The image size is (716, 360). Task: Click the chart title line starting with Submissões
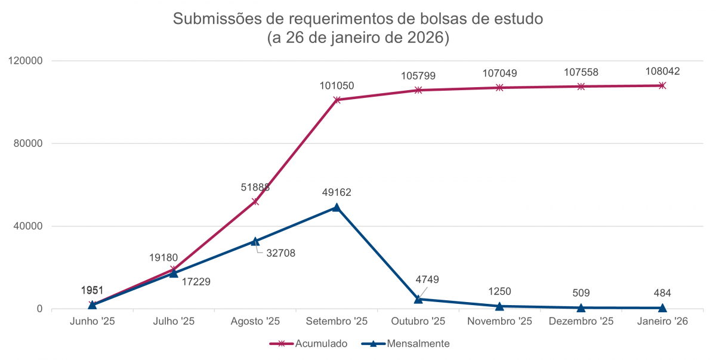(x=358, y=19)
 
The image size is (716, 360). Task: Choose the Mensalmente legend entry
(x=418, y=343)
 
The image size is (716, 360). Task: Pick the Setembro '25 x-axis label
(x=337, y=321)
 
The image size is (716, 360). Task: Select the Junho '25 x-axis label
(x=92, y=321)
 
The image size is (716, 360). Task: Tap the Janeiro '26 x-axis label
(x=662, y=321)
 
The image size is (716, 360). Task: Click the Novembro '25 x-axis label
(x=499, y=321)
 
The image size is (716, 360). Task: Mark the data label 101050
(x=337, y=85)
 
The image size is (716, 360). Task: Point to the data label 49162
(x=337, y=193)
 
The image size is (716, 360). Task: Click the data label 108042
(x=662, y=72)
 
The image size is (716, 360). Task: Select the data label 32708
(x=280, y=253)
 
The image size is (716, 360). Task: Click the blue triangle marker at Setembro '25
(x=337, y=207)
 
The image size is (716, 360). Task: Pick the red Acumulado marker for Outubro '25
(x=418, y=90)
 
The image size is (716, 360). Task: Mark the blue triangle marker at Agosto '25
(x=255, y=241)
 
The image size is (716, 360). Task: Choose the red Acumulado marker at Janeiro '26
(x=662, y=85)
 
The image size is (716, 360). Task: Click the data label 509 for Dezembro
(x=581, y=293)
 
